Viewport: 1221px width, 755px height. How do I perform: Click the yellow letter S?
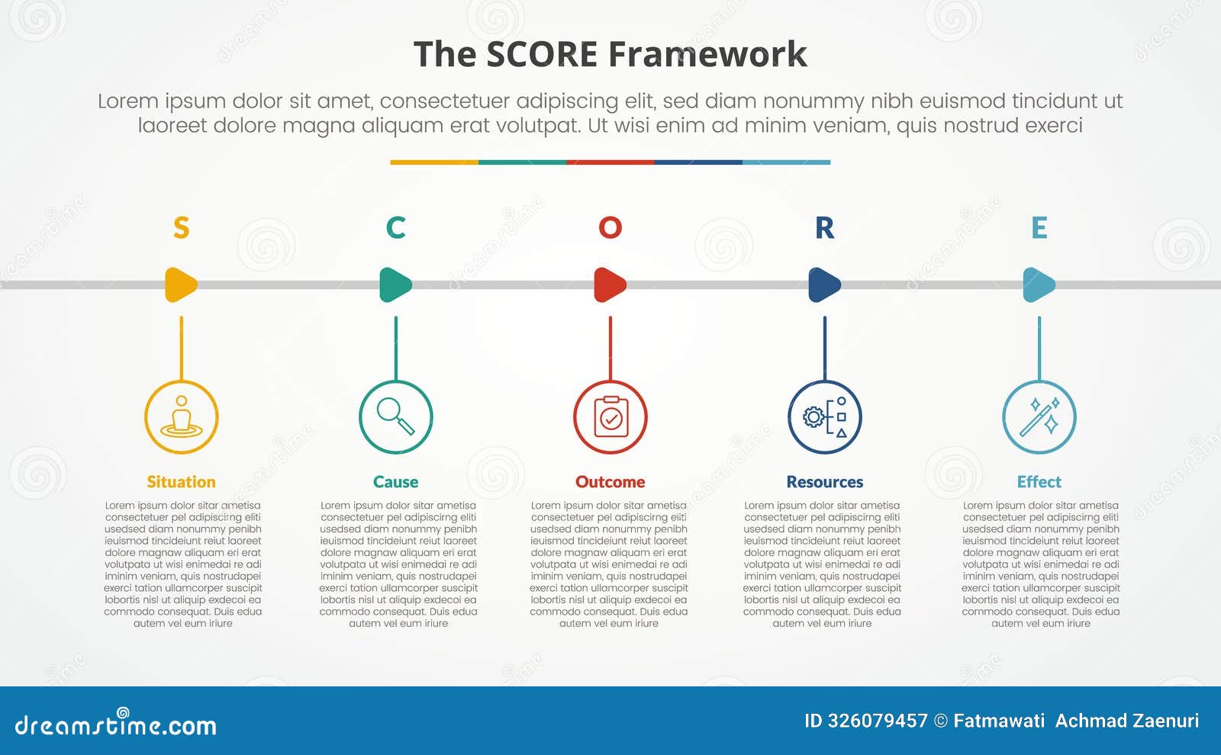[x=181, y=227]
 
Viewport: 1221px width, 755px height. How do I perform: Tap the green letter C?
[x=395, y=227]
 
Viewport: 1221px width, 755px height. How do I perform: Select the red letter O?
[x=610, y=227]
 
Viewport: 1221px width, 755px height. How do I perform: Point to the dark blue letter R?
[x=824, y=227]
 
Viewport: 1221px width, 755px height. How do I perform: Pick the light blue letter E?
[x=1039, y=227]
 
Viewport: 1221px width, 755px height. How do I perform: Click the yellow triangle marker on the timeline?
[x=180, y=284]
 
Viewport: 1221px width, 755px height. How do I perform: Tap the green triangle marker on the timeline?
[x=395, y=284]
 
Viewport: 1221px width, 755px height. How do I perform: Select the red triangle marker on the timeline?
[x=609, y=284]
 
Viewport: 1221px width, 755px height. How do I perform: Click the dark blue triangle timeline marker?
[x=823, y=284]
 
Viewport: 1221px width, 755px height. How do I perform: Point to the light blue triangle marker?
[x=1038, y=284]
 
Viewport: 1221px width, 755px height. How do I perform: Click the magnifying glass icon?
[x=395, y=416]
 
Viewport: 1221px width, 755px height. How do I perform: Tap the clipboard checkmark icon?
[x=610, y=416]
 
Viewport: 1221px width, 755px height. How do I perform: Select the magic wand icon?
[x=1039, y=416]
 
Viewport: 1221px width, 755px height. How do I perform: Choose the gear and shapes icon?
[x=825, y=416]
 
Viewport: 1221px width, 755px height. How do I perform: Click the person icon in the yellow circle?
[x=181, y=416]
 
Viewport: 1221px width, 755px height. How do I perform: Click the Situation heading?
[x=181, y=482]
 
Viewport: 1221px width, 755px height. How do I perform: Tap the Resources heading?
[x=824, y=482]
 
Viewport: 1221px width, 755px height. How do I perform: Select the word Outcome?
[x=610, y=482]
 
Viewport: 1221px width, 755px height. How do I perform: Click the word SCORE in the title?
[x=542, y=55]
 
